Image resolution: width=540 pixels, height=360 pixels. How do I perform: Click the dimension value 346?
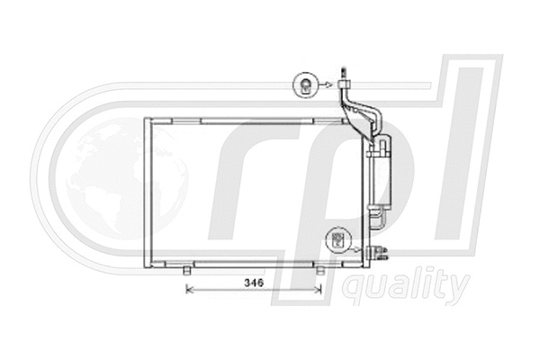point(253,283)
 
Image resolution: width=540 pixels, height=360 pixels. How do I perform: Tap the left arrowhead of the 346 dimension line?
point(188,289)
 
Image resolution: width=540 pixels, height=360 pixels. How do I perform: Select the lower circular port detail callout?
point(338,238)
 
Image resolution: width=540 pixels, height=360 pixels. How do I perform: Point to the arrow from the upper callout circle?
point(327,85)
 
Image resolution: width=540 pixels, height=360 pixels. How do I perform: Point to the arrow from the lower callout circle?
point(357,244)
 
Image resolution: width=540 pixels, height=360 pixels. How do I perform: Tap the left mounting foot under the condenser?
point(186,269)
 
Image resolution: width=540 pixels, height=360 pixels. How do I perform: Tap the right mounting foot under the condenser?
point(321,269)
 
